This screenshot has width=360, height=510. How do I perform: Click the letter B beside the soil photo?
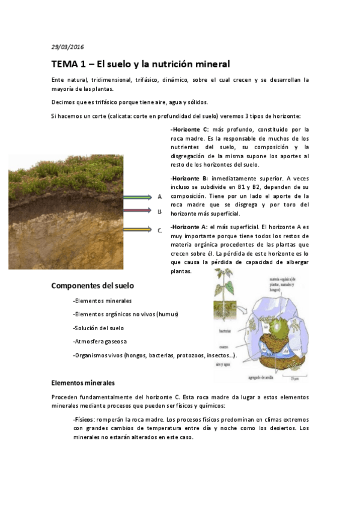(x=160, y=212)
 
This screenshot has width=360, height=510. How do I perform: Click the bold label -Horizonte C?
(x=189, y=129)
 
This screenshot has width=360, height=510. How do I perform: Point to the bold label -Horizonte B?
(x=189, y=179)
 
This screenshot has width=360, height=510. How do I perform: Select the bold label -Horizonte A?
(x=189, y=227)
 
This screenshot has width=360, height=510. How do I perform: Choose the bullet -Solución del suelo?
(x=98, y=328)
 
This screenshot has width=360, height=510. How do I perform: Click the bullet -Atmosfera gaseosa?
(x=99, y=342)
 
